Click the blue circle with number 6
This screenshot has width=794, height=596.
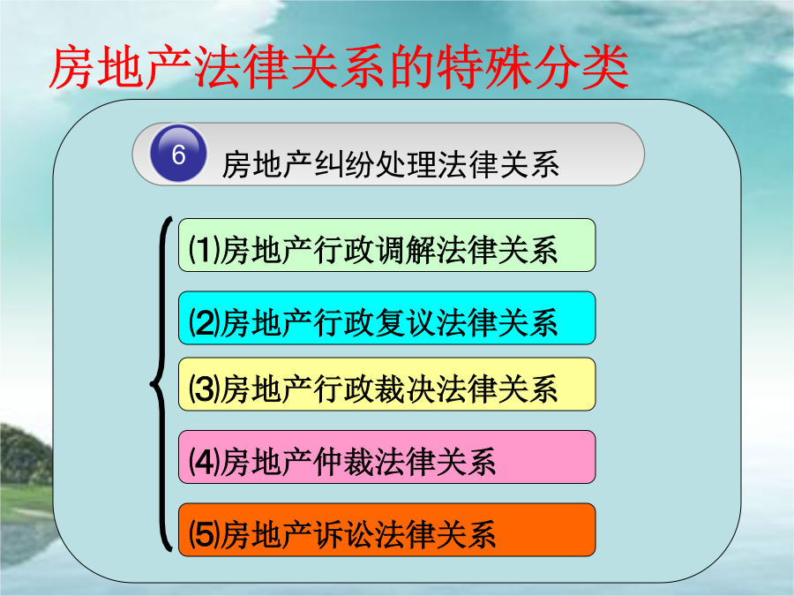[178, 153]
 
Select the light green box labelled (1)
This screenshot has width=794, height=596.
[387, 245]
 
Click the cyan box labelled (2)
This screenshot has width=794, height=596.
[387, 318]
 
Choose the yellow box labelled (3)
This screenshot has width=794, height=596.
[387, 384]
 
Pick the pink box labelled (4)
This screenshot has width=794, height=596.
[387, 457]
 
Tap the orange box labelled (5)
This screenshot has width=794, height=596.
[387, 530]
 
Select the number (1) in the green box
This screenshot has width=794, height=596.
[205, 249]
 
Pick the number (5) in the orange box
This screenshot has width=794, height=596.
[205, 534]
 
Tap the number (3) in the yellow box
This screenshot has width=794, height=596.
[205, 389]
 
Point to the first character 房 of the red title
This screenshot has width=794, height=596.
[72, 67]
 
